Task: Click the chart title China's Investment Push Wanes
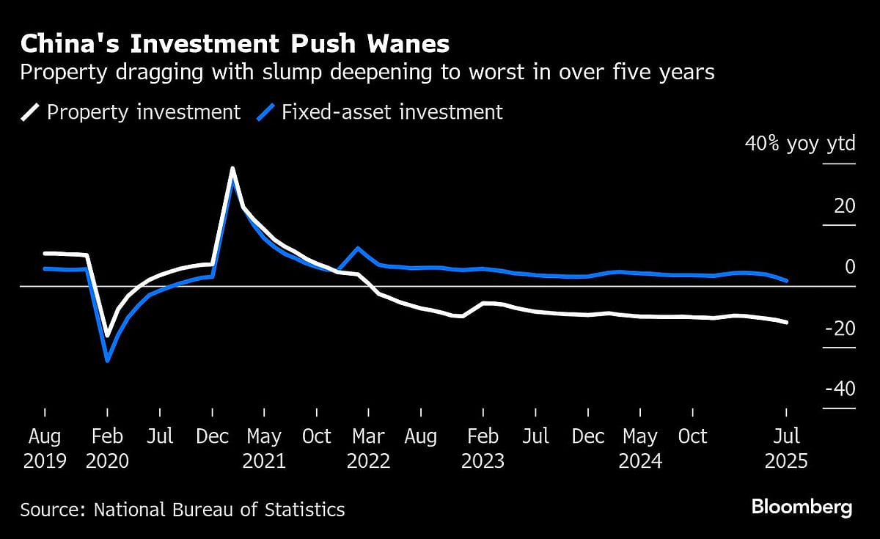[235, 44]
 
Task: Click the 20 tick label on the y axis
[844, 206]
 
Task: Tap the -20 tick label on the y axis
[840, 329]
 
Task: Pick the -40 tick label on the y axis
[840, 389]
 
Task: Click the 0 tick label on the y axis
[850, 267]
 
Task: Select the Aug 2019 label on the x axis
[44, 448]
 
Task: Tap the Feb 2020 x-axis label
[107, 448]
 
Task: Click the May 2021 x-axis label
[264, 448]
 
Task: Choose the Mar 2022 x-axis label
[368, 448]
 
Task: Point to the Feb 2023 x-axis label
[483, 448]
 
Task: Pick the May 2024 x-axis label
[640, 448]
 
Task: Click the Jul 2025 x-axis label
[786, 448]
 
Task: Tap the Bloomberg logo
[802, 507]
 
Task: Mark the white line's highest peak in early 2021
[232, 169]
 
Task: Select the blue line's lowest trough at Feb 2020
[108, 360]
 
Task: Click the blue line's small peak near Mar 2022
[357, 248]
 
